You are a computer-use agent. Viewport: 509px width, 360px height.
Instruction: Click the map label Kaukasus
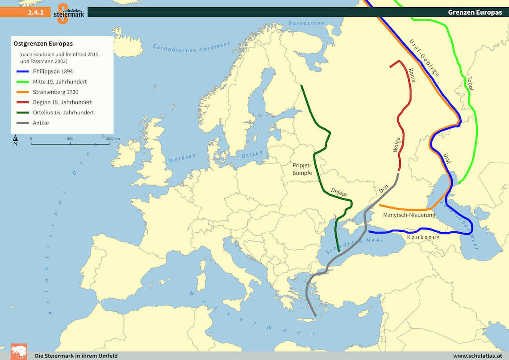pos(423,238)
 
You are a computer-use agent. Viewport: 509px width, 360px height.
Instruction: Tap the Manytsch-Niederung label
pos(409,215)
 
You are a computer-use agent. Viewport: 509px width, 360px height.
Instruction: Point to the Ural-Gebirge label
pos(424,58)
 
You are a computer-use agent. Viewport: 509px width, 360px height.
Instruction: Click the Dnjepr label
pos(339,193)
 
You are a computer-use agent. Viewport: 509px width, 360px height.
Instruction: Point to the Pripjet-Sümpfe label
pos(302,168)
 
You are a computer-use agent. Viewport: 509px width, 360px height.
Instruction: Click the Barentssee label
pos(305,23)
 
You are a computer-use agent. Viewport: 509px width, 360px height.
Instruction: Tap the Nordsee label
pos(183,158)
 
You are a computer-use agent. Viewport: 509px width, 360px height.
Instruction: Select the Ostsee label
pos(251,155)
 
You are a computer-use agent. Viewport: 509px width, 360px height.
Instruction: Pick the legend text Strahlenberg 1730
pos(55,92)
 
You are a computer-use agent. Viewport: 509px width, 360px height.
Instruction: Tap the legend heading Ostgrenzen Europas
pos(43,44)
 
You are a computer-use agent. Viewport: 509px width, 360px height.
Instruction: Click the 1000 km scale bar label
pos(113,139)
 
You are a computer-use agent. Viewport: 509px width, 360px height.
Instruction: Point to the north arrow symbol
pos(15,140)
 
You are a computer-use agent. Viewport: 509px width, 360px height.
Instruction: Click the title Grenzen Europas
pos(475,13)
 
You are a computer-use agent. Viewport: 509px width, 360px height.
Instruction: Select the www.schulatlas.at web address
pos(477,356)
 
